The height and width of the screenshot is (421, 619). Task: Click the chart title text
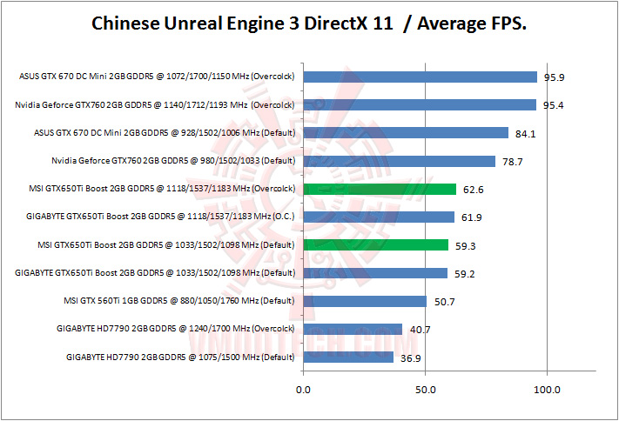pyautogui.click(x=309, y=24)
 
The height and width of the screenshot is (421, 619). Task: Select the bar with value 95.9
pyautogui.click(x=420, y=77)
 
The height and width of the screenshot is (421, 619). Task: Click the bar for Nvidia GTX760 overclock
pyautogui.click(x=419, y=105)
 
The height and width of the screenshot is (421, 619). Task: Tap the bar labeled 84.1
pyautogui.click(x=405, y=133)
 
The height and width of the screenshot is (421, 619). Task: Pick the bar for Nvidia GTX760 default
pyautogui.click(x=399, y=161)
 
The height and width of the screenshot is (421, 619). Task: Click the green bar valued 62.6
pyautogui.click(x=379, y=189)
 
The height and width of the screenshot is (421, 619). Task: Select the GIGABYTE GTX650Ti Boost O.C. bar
pyautogui.click(x=378, y=217)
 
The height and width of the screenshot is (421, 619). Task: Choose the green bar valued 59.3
pyautogui.click(x=375, y=244)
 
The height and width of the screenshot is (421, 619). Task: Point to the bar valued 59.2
pyautogui.click(x=375, y=273)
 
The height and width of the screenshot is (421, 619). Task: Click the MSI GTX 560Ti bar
pyautogui.click(x=365, y=301)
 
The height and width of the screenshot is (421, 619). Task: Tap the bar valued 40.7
pyautogui.click(x=353, y=329)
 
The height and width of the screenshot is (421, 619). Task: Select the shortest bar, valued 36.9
pyautogui.click(x=348, y=357)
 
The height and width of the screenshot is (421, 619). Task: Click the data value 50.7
pyautogui.click(x=443, y=302)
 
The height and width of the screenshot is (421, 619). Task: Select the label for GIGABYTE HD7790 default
pyautogui.click(x=181, y=357)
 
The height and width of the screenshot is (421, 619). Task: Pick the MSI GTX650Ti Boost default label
pyautogui.click(x=162, y=244)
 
